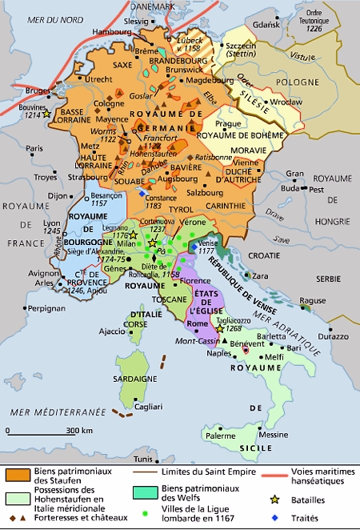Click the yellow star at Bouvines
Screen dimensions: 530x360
(47, 114)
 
